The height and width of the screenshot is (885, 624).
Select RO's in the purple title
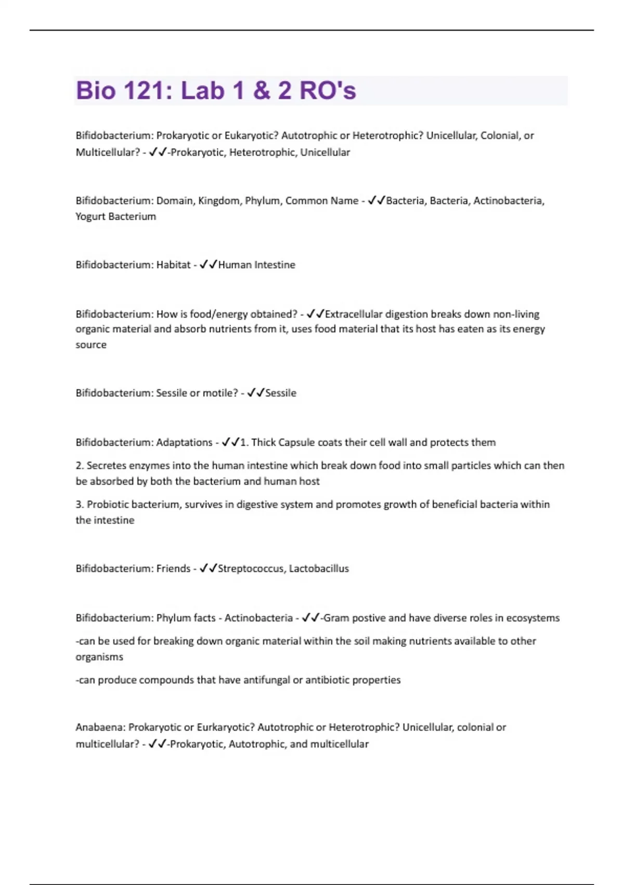pyautogui.click(x=328, y=91)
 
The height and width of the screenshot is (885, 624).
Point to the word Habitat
pyautogui.click(x=173, y=265)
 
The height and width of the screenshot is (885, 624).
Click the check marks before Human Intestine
pyautogui.click(x=209, y=265)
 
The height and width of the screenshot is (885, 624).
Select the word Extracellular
pyautogui.click(x=354, y=314)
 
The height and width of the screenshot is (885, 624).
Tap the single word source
pyautogui.click(x=91, y=345)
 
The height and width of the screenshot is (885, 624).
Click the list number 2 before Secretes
pyautogui.click(x=80, y=465)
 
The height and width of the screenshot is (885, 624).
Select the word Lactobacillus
pyautogui.click(x=319, y=568)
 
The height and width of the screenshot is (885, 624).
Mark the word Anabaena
pyautogui.click(x=100, y=727)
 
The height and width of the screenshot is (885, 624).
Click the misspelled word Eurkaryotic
pyautogui.click(x=226, y=727)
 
